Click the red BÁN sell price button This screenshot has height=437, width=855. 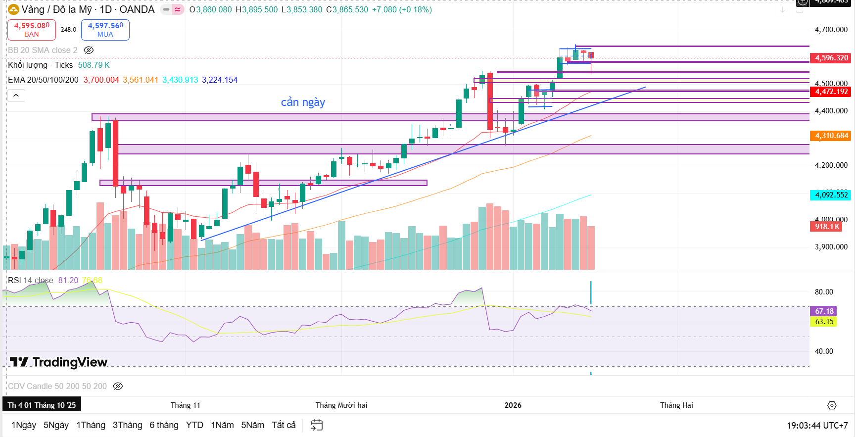coord(32,30)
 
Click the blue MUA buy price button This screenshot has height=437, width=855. coord(105,30)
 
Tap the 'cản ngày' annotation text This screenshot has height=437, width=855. coord(303,102)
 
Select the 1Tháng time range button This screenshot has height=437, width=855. coord(91,425)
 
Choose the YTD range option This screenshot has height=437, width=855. coord(194,425)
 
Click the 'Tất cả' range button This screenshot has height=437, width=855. coord(284,425)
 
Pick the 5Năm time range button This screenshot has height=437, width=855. coord(252,425)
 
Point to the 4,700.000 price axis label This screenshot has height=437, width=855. coord(831,30)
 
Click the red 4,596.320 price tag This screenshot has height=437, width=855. coord(831,58)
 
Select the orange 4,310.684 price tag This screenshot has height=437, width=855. coord(831,136)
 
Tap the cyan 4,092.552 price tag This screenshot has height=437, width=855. coord(831,194)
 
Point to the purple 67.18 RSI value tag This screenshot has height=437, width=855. coord(824,311)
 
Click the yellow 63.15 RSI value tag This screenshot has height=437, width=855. coord(824,322)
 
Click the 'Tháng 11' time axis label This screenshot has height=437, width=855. coord(186,405)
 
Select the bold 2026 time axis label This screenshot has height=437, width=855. coord(513,405)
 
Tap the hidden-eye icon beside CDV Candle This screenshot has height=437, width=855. coord(118,386)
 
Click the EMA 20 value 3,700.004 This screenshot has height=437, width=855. coord(101,80)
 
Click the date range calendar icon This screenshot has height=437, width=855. coord(317,425)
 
